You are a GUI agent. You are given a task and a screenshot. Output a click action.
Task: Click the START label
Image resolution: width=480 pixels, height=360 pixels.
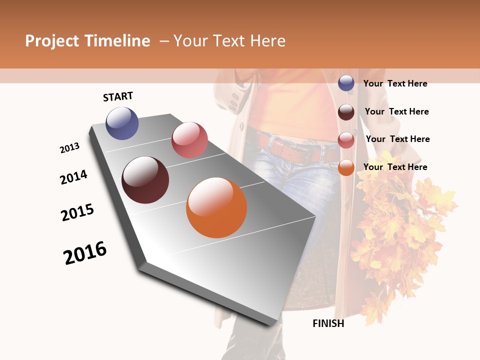click(118, 96)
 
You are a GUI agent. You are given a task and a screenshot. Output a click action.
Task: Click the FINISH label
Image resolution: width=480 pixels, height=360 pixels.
click(328, 323)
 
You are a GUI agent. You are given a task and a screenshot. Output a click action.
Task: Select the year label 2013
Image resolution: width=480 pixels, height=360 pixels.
click(69, 148)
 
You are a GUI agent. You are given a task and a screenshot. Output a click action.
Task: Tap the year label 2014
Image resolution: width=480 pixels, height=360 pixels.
click(73, 177)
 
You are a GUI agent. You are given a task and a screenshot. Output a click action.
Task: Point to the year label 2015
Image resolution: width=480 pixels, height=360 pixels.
click(77, 212)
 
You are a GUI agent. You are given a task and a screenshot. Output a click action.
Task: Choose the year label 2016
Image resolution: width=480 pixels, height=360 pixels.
click(85, 253)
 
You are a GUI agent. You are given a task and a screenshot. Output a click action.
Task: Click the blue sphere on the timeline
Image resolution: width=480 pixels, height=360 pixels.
click(122, 123)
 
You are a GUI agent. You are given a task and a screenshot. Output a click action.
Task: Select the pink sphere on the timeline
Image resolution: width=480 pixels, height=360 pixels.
click(189, 140)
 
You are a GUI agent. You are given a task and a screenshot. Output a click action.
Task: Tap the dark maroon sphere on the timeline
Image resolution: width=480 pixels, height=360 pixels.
click(145, 180)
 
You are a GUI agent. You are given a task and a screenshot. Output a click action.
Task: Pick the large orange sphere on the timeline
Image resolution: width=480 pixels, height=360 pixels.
click(216, 207)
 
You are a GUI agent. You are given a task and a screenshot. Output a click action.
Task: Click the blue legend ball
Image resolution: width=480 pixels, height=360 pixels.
click(346, 83)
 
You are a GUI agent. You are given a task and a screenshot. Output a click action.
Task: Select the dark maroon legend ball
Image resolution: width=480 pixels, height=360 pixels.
click(346, 112)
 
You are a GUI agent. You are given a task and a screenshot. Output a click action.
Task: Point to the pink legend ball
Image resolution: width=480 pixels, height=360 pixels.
click(346, 140)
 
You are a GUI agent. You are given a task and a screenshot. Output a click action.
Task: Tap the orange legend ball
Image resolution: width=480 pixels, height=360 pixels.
click(346, 168)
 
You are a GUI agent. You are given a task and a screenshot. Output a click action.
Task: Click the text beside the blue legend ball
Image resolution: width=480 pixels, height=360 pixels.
click(395, 83)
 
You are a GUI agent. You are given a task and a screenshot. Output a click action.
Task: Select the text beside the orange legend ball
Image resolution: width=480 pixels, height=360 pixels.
click(395, 167)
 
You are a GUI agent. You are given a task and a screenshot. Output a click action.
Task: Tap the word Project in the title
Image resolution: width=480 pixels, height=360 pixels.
click(52, 41)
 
